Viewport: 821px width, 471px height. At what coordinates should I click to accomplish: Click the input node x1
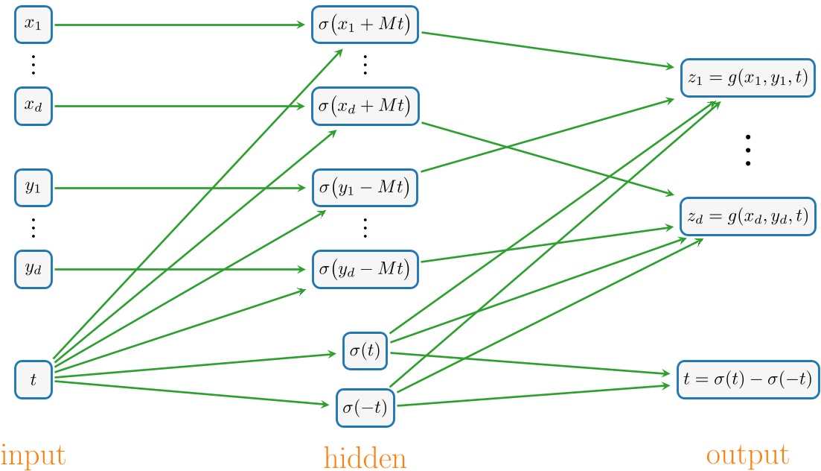(x=33, y=25)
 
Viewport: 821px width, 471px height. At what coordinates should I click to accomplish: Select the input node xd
(x=33, y=106)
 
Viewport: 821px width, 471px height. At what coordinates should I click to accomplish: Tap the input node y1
(x=33, y=188)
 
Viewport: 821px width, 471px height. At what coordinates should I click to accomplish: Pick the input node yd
(x=33, y=269)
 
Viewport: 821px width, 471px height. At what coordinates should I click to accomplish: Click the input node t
(x=33, y=380)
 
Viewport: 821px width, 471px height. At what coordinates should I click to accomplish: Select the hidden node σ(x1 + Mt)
(x=365, y=25)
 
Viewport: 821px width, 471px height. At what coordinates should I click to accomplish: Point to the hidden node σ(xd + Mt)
(x=365, y=106)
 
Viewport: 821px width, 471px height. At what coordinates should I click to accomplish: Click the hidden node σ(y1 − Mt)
(x=365, y=188)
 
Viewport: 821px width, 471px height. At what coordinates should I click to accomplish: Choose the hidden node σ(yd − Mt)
(x=365, y=269)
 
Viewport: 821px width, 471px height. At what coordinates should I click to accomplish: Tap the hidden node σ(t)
(x=365, y=351)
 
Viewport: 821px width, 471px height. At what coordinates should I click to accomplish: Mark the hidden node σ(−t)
(x=365, y=408)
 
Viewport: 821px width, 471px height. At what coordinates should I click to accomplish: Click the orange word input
(x=33, y=455)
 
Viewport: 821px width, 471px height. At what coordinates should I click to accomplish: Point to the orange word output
(x=747, y=455)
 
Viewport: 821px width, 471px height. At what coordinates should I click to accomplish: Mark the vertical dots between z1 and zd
(x=748, y=150)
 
